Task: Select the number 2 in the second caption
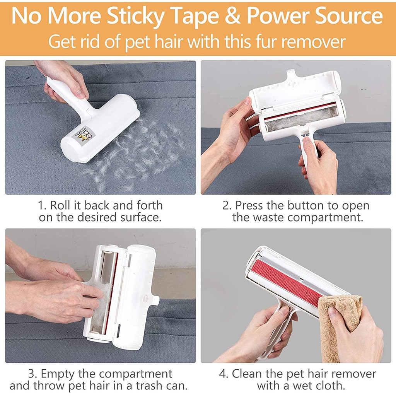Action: point(226,205)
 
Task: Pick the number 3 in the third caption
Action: point(32,374)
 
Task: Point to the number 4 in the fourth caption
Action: point(223,374)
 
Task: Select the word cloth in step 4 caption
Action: point(329,386)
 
